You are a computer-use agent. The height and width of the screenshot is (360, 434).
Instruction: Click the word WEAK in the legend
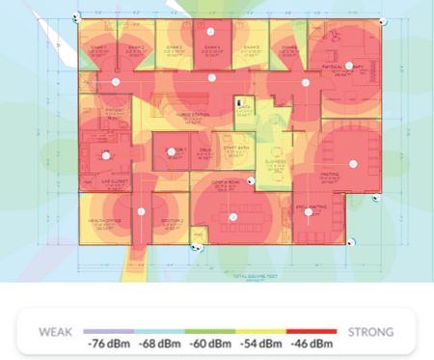57,331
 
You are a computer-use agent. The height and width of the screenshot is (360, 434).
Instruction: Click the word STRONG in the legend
370,331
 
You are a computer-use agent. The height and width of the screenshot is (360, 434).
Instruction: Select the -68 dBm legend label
159,344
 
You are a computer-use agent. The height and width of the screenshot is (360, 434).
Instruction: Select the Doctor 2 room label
173,221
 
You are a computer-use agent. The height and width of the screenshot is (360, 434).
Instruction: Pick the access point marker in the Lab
105,155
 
